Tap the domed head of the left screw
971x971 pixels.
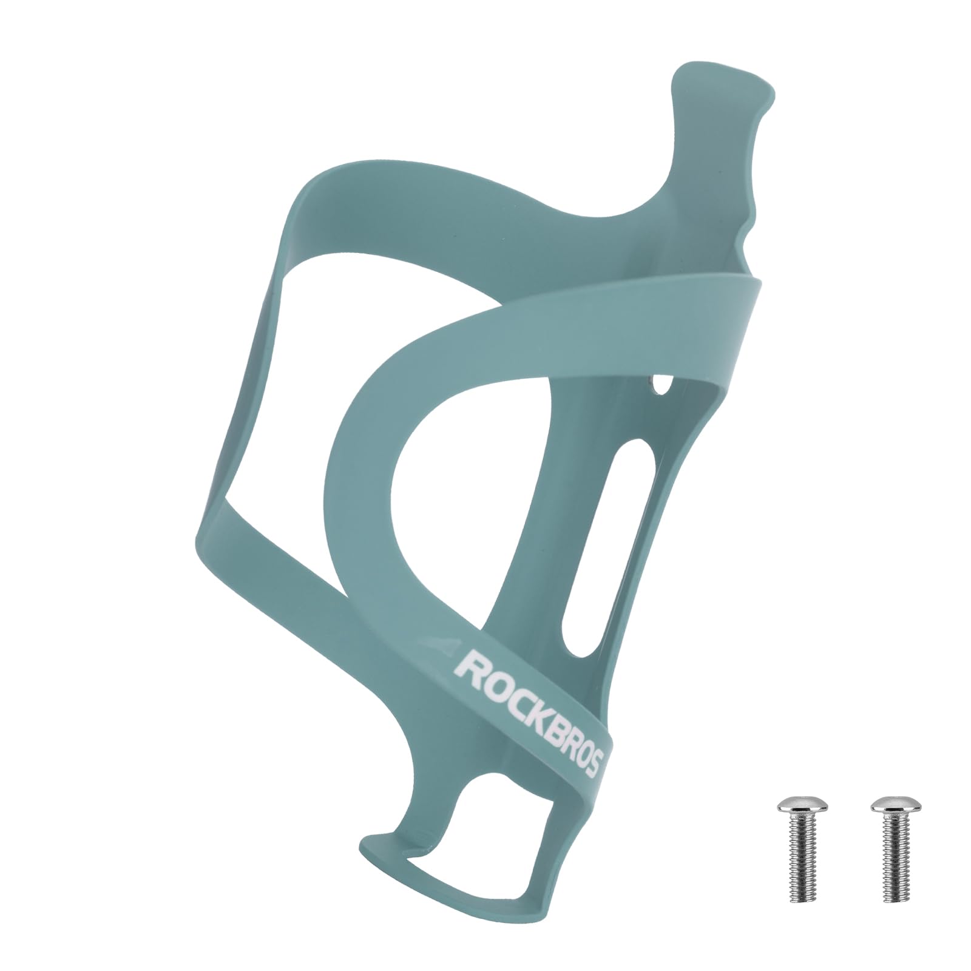click(x=796, y=807)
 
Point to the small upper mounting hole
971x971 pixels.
click(x=661, y=385)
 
